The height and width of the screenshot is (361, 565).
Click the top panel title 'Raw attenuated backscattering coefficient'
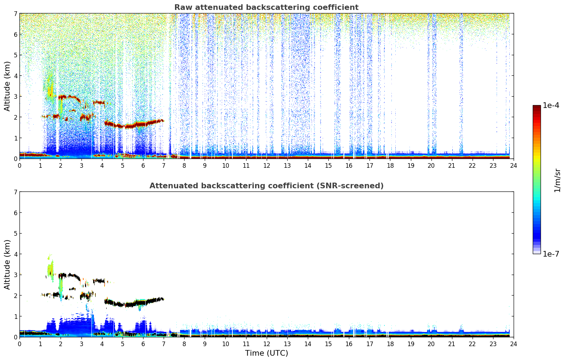[266, 7]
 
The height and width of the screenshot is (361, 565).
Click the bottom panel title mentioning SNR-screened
[266, 186]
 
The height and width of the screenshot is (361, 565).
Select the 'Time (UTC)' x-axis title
[266, 353]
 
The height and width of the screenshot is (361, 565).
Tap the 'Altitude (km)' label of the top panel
[7, 86]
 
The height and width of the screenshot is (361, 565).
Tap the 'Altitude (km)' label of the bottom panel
[7, 264]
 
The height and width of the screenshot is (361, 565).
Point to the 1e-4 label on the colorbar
[551, 105]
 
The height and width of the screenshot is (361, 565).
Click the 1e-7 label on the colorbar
[551, 254]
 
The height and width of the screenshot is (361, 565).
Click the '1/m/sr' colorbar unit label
[557, 180]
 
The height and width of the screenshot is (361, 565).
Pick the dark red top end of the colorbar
[537, 107]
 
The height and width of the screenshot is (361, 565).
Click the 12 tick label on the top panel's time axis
[266, 165]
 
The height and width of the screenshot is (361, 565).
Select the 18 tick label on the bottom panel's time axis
[390, 344]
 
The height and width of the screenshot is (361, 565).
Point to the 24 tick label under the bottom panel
[513, 344]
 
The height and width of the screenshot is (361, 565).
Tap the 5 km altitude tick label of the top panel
[15, 55]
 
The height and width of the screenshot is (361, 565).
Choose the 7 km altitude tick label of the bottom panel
[15, 192]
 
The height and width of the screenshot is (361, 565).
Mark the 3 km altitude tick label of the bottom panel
[15, 275]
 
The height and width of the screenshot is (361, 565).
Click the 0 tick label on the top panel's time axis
[19, 165]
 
